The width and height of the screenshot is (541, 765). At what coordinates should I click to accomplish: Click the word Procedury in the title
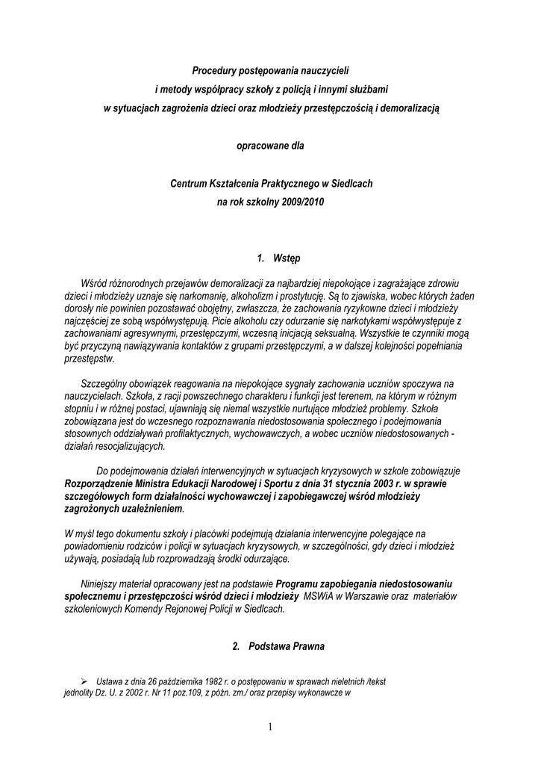click(215, 70)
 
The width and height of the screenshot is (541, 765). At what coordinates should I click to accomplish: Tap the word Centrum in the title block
click(189, 183)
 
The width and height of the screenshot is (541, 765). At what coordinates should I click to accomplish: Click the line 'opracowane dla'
click(270, 146)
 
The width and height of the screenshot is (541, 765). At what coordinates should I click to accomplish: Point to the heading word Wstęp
click(287, 258)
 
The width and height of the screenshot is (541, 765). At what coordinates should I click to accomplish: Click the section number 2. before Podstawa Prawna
click(236, 645)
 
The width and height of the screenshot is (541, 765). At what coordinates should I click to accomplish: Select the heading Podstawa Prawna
click(287, 645)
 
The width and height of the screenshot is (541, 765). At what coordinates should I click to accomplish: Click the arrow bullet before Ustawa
click(84, 681)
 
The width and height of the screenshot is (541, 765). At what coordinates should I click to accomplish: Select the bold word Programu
click(301, 583)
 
